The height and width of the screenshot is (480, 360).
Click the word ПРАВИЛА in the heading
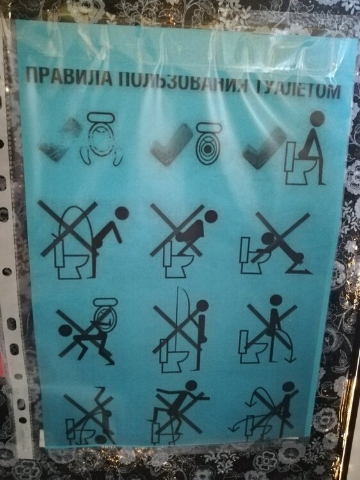click(69, 77)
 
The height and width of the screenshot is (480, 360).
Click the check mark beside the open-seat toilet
click(61, 140)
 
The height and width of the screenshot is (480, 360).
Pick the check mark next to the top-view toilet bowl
click(172, 144)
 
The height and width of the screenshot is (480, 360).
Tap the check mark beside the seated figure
click(265, 147)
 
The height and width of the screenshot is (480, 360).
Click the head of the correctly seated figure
click(317, 118)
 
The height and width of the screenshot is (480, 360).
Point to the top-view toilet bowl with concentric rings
click(209, 144)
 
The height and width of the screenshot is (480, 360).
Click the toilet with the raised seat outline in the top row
click(101, 139)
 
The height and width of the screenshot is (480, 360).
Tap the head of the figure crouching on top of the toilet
click(211, 216)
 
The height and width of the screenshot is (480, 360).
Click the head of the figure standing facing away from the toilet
click(275, 301)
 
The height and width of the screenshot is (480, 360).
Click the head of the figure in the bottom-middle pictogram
click(191, 386)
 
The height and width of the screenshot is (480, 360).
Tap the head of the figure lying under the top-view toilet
click(65, 331)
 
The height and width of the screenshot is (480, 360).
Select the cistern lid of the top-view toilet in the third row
click(106, 302)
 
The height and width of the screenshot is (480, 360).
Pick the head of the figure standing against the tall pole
click(202, 306)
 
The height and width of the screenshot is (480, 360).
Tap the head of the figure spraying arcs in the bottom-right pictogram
click(288, 387)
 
